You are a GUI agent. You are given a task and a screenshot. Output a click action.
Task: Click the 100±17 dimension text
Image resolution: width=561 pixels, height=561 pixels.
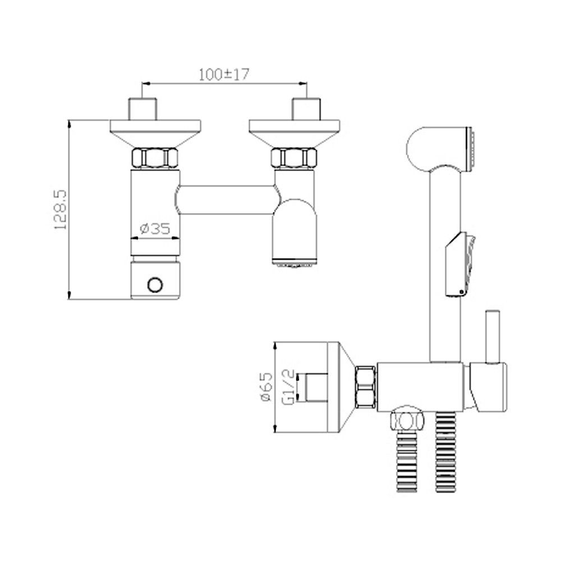click(x=224, y=74)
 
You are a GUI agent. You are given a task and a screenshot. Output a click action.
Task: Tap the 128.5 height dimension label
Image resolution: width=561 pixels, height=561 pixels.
click(x=60, y=210)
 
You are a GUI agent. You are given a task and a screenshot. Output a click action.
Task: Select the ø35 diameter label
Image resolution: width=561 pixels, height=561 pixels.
click(x=155, y=228)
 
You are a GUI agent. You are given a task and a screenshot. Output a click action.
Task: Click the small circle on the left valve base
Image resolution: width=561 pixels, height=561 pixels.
click(x=155, y=284)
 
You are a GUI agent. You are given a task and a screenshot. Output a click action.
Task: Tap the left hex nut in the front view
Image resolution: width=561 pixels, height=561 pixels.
click(x=155, y=158)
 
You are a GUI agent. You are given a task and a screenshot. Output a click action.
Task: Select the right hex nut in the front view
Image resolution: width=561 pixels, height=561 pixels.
click(x=294, y=158)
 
